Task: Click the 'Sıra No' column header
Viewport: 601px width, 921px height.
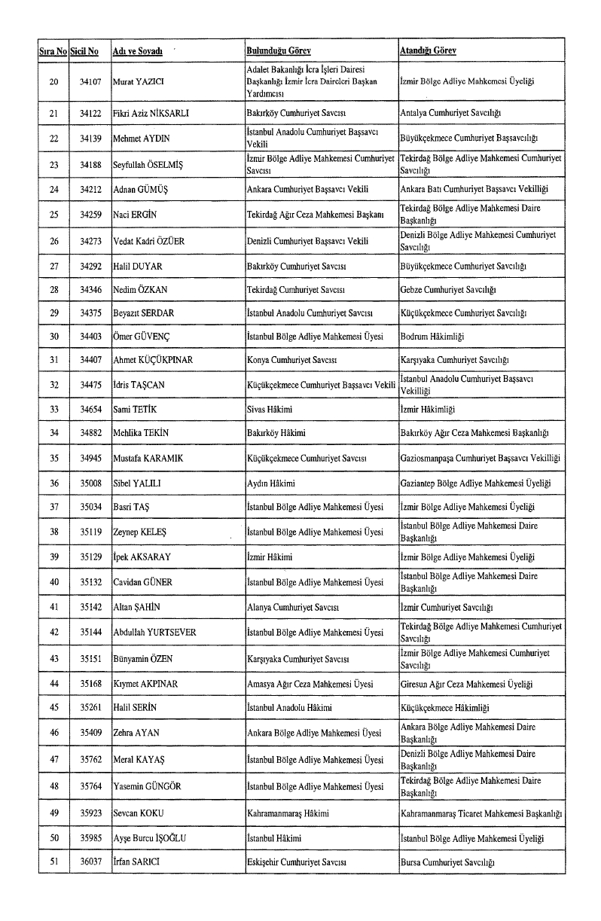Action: (53, 51)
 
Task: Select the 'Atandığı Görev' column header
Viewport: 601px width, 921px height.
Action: (428, 51)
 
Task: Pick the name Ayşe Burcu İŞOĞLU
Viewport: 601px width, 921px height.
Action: (151, 838)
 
